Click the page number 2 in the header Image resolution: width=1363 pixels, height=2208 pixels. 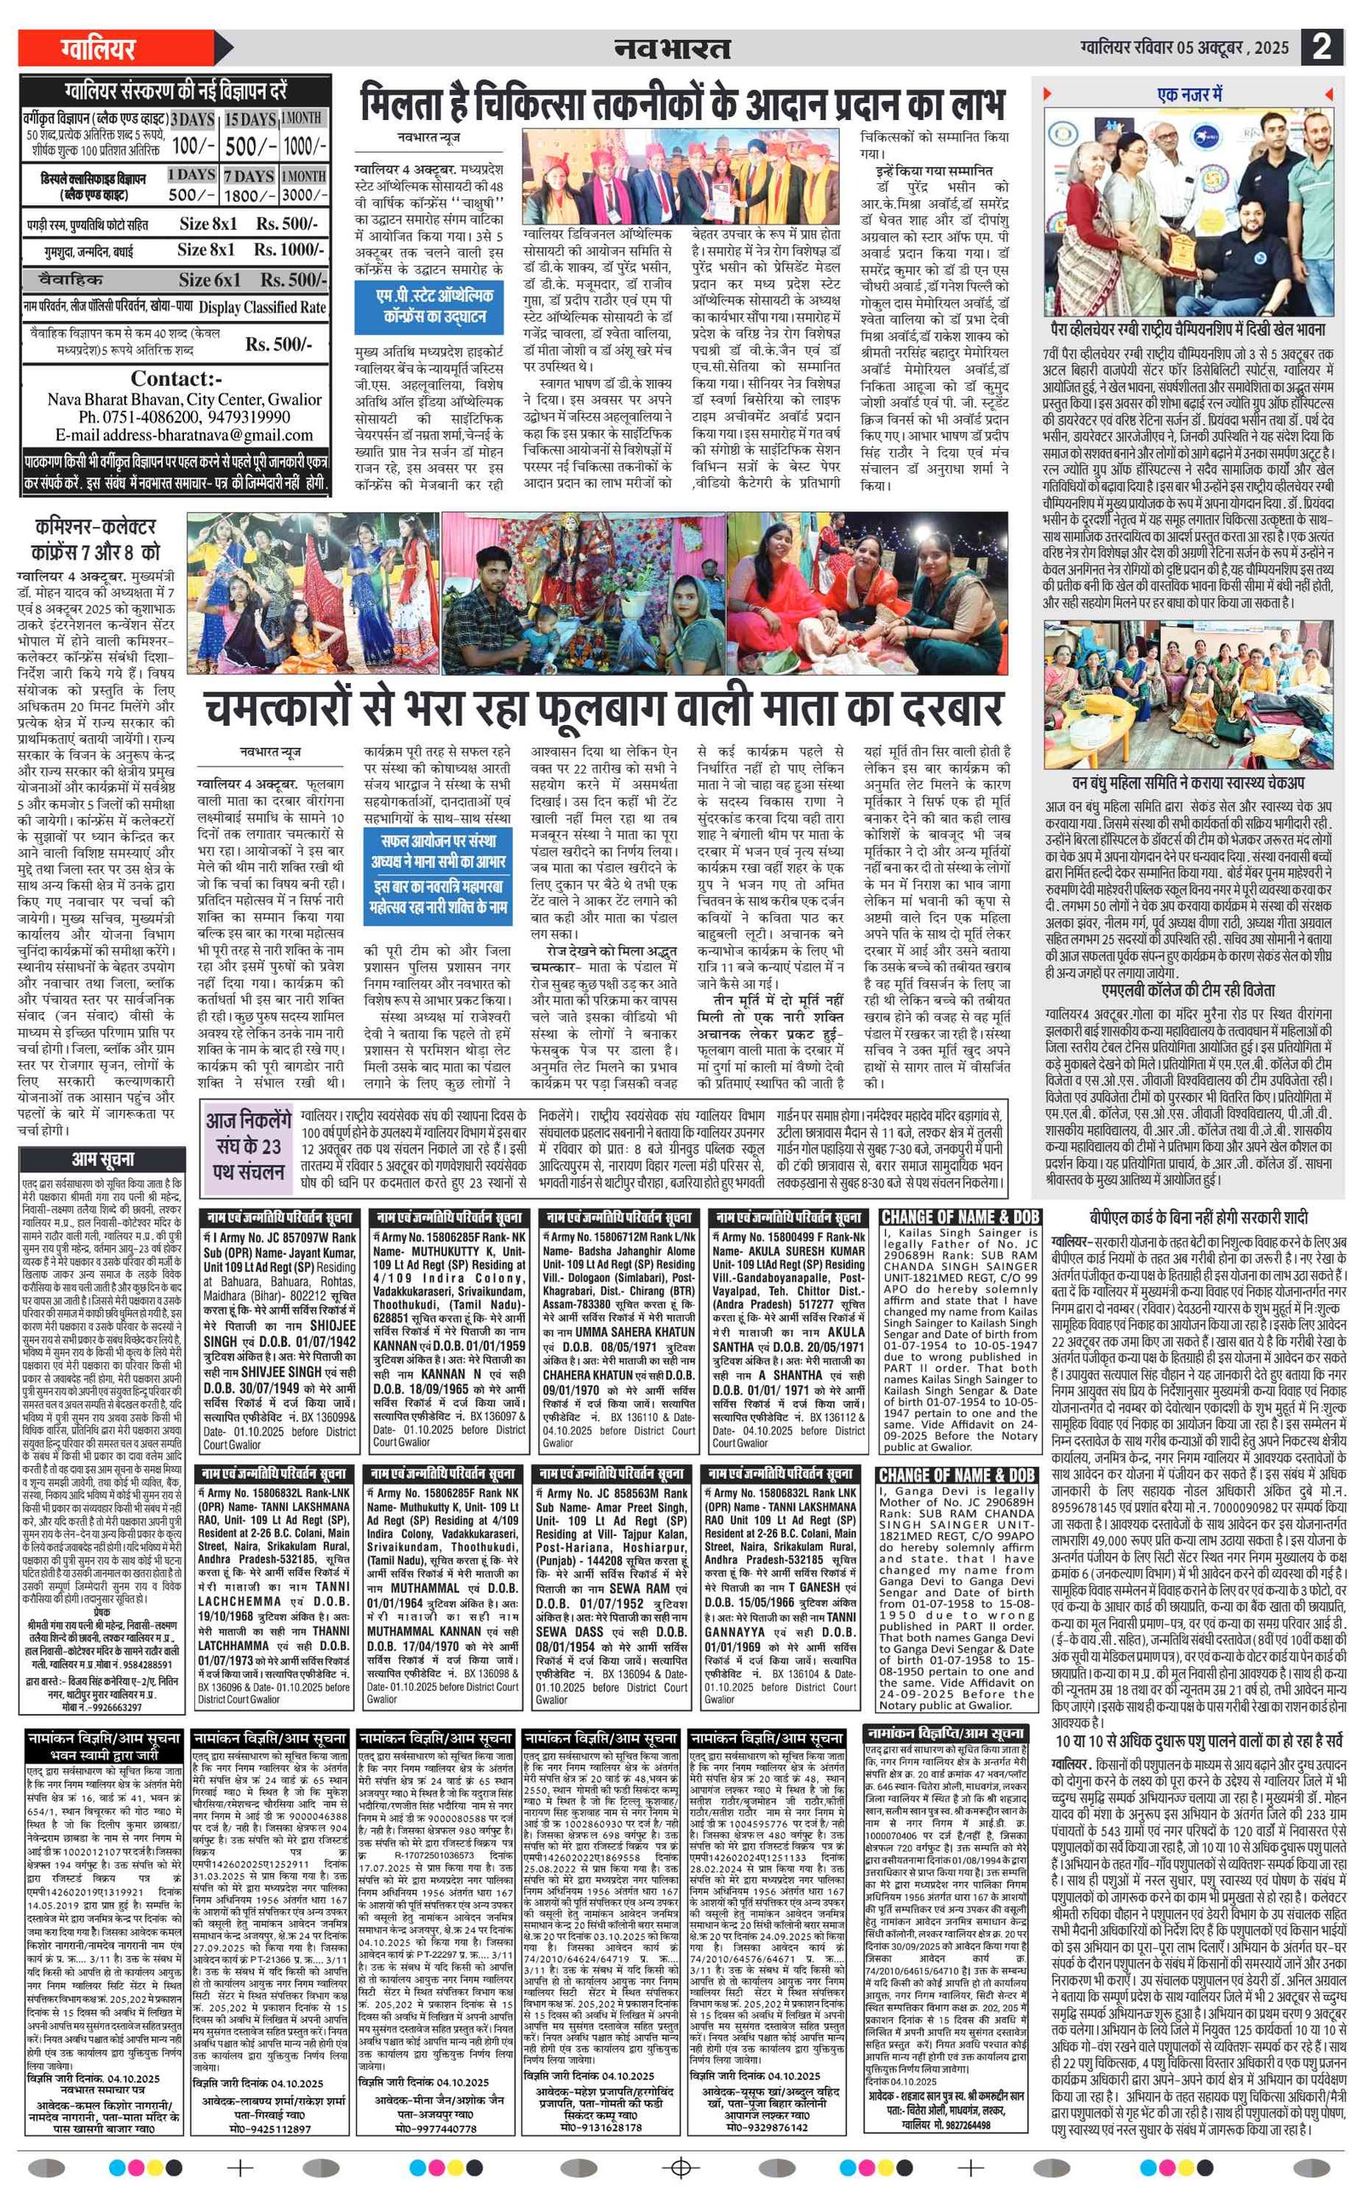point(1321,46)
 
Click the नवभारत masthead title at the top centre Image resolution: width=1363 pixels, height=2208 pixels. point(672,48)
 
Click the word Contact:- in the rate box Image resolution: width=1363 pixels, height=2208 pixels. point(175,378)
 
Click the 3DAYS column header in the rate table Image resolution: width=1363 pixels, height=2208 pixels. point(192,119)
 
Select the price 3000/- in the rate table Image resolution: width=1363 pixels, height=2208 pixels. point(304,195)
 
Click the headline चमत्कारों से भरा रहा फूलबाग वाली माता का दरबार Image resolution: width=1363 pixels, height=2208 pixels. point(604,709)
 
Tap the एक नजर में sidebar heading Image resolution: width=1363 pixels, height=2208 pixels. point(1189,95)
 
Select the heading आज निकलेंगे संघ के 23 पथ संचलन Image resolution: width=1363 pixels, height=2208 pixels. point(248,1147)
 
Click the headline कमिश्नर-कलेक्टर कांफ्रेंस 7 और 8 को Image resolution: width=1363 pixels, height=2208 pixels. point(95,539)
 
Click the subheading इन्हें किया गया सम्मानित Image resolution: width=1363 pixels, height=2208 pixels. point(926,170)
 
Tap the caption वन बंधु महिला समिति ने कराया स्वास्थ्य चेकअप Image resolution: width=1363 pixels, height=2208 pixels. point(1188,782)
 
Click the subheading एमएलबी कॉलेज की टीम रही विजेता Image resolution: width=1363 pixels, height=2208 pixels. point(1188,990)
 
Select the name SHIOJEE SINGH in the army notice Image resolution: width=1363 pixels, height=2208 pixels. point(279,1333)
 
